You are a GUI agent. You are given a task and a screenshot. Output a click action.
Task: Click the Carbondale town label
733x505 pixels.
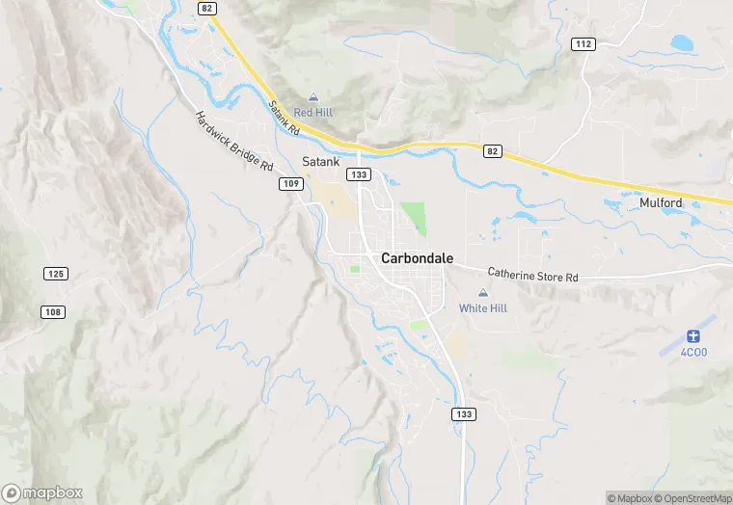(417, 258)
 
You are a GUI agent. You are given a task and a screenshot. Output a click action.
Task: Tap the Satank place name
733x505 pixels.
(321, 162)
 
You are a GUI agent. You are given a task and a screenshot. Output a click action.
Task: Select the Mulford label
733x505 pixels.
(661, 202)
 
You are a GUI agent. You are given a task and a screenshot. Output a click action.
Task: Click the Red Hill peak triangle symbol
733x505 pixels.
(313, 97)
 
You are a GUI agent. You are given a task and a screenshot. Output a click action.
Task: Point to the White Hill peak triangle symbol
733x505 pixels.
(483, 293)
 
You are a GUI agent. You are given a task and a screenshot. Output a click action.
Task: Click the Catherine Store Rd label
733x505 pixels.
(532, 276)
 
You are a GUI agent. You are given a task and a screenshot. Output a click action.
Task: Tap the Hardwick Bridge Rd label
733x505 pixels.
(234, 142)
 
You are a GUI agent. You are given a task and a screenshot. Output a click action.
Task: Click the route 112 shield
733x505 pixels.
(582, 44)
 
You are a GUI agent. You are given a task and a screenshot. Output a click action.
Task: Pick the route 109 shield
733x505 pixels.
(292, 183)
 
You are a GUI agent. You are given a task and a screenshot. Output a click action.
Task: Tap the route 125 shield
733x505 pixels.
(55, 274)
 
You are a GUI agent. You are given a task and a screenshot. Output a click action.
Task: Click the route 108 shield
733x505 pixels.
(52, 311)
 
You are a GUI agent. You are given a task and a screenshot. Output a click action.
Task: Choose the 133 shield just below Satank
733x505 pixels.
(359, 174)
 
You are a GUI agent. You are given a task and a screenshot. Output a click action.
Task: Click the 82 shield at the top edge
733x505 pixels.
(206, 8)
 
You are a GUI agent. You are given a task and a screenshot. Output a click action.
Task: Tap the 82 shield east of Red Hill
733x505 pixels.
(493, 150)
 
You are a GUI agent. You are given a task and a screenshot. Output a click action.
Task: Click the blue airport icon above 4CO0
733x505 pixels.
(692, 335)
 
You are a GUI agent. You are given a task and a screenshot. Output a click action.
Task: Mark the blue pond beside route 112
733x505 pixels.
(682, 42)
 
